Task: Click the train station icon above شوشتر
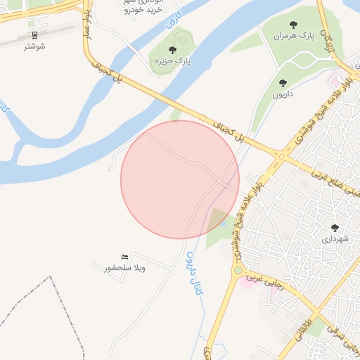[x=34, y=34]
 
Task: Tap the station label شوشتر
[x=34, y=46]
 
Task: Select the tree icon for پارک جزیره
[x=172, y=50]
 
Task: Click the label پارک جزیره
[x=173, y=62]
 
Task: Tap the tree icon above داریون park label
[x=283, y=83]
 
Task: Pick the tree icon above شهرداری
[x=334, y=227]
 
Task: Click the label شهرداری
[x=335, y=239]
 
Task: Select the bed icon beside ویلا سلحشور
[x=124, y=257]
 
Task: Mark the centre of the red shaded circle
[x=180, y=179]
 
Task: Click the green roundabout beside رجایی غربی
[x=238, y=271]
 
